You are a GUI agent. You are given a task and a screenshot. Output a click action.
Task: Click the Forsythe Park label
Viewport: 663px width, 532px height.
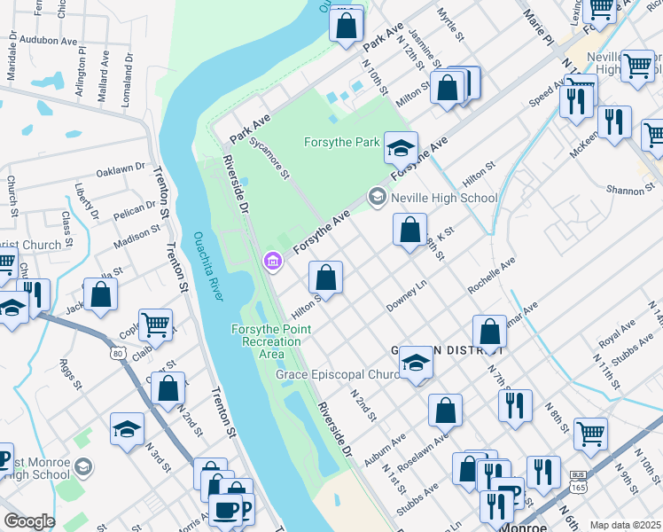coord(341,142)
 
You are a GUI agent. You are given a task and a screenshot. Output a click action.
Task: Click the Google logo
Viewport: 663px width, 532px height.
coord(29,521)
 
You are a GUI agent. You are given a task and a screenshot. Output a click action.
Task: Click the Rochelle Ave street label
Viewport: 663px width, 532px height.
coord(491,276)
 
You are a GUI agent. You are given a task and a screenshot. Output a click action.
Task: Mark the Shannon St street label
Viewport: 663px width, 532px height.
coord(630,190)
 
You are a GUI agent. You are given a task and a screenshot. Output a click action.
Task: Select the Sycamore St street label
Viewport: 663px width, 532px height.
coord(269,157)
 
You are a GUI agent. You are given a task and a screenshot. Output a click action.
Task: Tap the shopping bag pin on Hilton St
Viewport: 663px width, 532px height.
coord(326,278)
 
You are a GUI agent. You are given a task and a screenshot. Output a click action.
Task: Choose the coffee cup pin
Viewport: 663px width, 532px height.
coord(225,512)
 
